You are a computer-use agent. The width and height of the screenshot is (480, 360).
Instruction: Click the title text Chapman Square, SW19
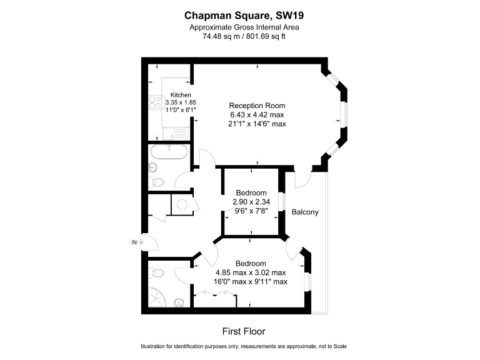(239, 15)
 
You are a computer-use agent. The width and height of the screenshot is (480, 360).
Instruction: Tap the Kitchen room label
(181, 95)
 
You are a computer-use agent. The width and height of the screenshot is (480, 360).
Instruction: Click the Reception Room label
(257, 105)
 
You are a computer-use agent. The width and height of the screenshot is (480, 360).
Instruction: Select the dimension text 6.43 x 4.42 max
(257, 114)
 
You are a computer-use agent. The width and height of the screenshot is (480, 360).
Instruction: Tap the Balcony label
(305, 212)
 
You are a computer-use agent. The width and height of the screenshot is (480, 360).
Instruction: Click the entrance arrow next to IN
(139, 242)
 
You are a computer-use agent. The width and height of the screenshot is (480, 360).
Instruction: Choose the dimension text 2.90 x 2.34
(251, 202)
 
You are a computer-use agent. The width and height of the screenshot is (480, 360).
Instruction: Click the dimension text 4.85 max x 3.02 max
(251, 272)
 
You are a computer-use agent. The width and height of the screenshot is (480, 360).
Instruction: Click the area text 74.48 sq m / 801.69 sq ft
(239, 36)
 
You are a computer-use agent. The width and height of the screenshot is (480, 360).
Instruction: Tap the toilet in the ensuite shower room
(157, 273)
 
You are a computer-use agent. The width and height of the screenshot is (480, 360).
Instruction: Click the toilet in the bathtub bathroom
(157, 182)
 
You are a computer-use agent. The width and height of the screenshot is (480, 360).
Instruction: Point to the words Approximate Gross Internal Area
(239, 27)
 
